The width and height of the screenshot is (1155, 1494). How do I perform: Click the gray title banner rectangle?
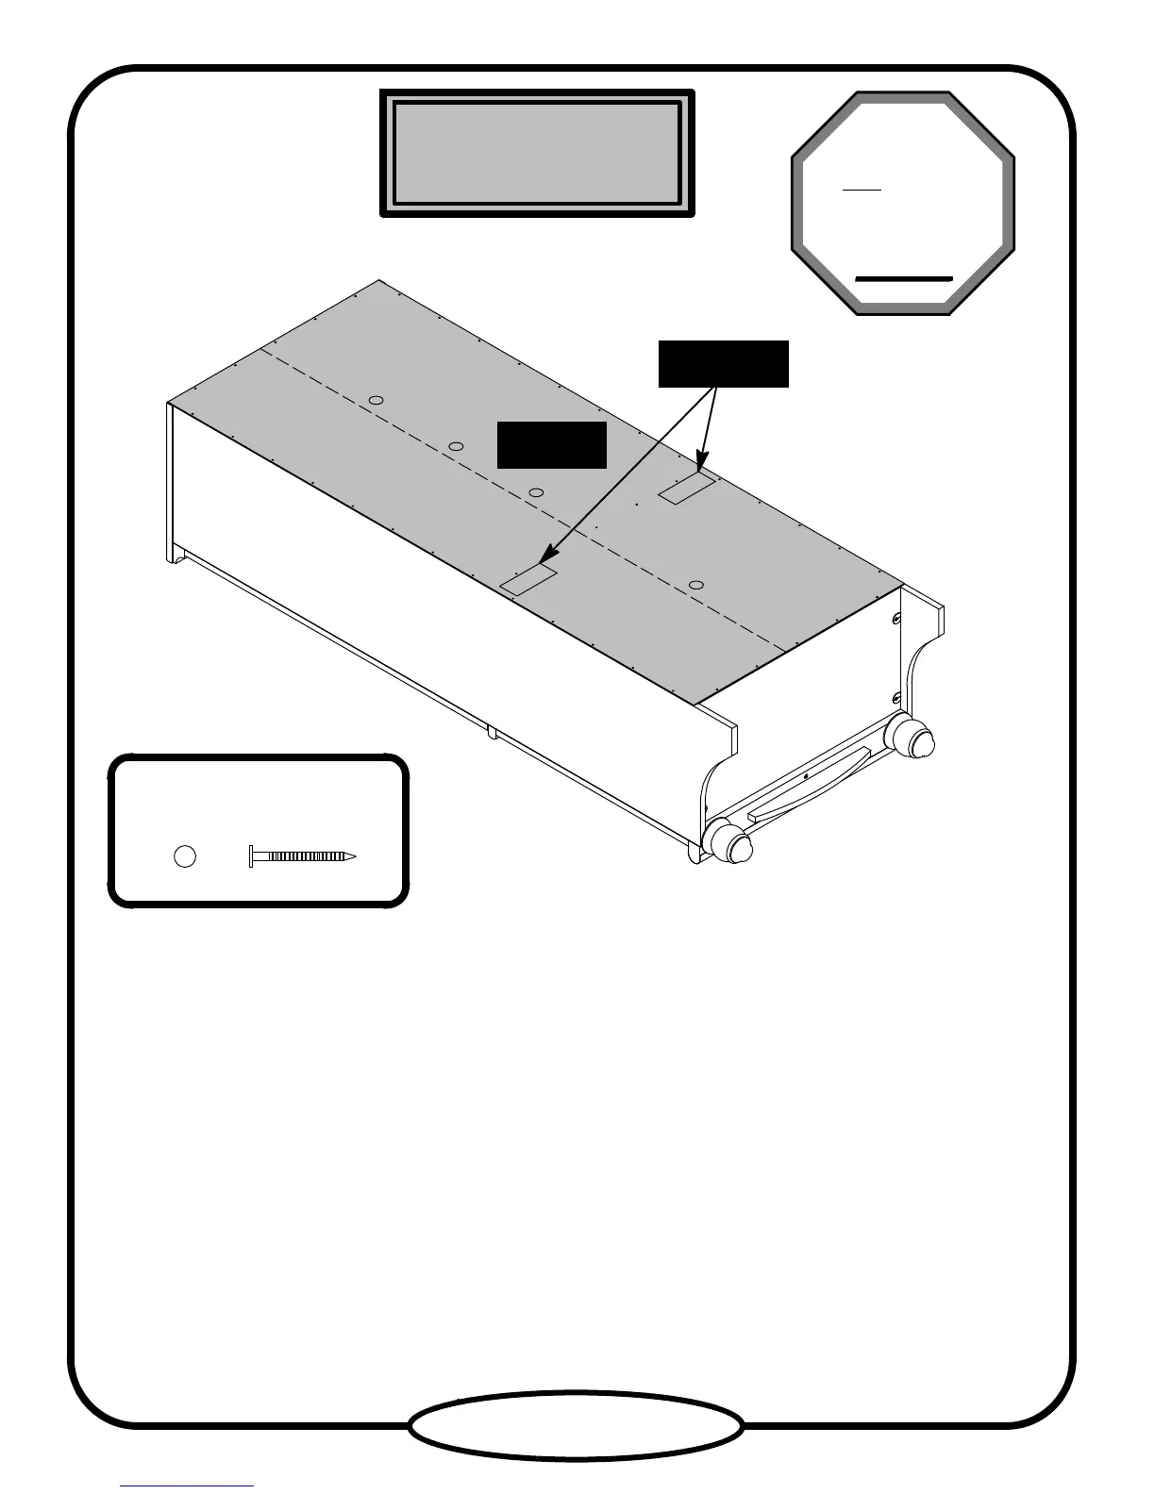[x=537, y=154]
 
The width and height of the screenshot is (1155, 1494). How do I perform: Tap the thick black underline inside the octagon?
[x=903, y=279]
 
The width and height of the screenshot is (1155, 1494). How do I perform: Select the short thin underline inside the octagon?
[x=862, y=190]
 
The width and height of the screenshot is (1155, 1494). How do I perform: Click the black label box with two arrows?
[x=723, y=364]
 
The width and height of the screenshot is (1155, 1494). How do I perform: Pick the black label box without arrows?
[x=552, y=444]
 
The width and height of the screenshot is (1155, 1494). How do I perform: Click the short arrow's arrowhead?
[x=700, y=465]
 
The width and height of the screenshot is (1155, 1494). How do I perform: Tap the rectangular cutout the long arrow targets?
[x=528, y=578]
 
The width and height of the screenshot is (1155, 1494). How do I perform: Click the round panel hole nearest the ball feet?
[x=696, y=586]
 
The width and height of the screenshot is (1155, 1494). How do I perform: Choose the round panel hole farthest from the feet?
[x=376, y=401]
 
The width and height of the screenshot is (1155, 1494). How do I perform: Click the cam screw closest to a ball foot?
[x=895, y=699]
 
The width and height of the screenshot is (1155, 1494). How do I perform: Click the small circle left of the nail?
[x=185, y=856]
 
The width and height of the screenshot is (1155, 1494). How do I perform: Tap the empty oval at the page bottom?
[x=576, y=1425]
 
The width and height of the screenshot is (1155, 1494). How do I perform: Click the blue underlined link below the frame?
[x=187, y=1486]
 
